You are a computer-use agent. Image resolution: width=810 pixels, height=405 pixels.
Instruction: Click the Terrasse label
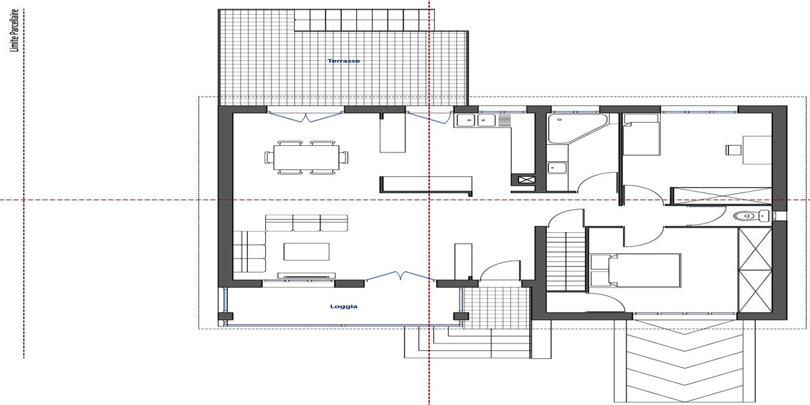point(344,61)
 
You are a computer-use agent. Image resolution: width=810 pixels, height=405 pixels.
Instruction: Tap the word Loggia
point(344,306)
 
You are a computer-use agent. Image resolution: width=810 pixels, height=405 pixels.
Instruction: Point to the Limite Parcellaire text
point(14,31)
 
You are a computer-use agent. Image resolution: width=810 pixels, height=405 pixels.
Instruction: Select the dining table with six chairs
point(306,158)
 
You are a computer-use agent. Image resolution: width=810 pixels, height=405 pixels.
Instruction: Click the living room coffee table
point(306,252)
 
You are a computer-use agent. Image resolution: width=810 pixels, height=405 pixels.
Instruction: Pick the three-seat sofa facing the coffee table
point(306,223)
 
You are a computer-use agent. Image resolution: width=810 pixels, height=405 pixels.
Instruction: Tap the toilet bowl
point(745,216)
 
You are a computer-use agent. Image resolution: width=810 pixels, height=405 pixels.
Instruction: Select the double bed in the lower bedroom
point(635,271)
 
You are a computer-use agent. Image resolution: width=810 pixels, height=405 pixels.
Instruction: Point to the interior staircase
point(566,261)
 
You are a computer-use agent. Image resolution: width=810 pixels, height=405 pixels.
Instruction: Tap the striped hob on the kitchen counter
point(504,120)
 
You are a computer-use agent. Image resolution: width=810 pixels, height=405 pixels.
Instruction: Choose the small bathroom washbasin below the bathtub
point(557,167)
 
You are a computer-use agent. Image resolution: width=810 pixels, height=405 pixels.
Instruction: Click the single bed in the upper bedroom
point(641,134)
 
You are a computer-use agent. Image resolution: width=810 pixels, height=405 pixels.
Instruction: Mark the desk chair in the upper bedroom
point(734,150)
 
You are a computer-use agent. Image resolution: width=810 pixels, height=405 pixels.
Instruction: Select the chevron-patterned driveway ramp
point(684,362)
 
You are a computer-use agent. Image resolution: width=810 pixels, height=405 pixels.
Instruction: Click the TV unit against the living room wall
point(306,276)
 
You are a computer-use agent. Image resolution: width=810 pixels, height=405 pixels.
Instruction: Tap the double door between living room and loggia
point(400,275)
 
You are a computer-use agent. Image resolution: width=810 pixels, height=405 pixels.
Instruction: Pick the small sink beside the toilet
point(764,216)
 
